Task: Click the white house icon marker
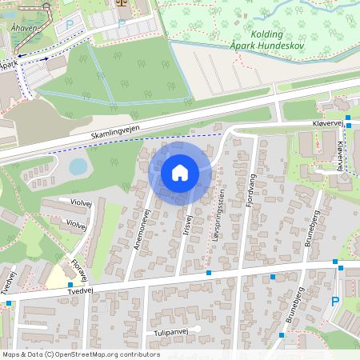[x=180, y=172]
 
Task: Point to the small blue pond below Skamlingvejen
[x=78, y=166]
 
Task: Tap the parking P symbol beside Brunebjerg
[x=335, y=302]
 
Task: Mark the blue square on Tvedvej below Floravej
[x=70, y=285]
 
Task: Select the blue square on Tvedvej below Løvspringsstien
[x=209, y=273]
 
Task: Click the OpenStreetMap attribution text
[x=80, y=354]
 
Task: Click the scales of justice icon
[x=123, y=2]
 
